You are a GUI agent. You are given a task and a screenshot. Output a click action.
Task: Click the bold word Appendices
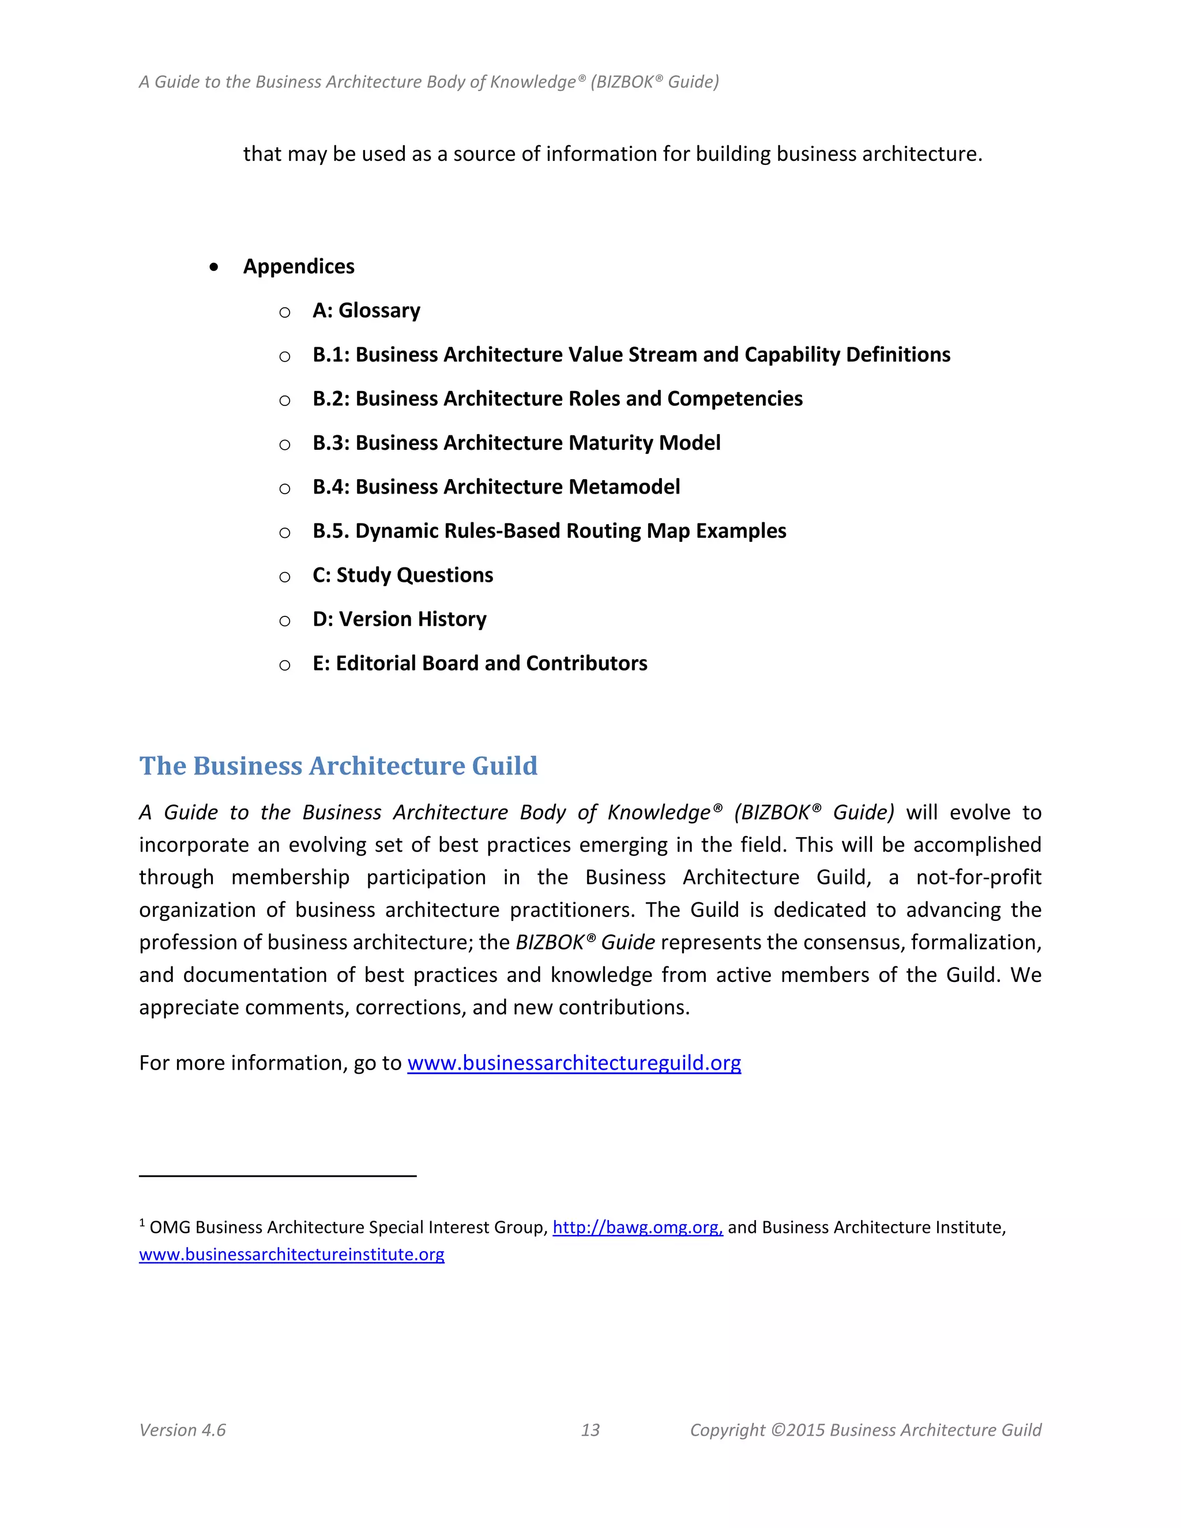point(299,266)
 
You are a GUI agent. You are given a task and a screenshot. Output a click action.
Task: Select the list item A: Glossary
point(366,311)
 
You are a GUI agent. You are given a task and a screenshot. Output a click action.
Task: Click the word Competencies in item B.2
point(735,399)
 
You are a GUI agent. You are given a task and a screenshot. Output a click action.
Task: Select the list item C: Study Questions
point(403,575)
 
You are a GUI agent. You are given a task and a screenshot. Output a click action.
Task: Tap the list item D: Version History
point(399,619)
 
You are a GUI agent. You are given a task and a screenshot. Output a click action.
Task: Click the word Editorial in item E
point(377,663)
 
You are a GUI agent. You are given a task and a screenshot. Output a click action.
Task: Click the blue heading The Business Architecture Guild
point(338,766)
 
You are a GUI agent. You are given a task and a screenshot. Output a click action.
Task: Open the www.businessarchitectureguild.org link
point(574,1063)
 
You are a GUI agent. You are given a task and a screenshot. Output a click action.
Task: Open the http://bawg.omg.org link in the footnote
point(637,1227)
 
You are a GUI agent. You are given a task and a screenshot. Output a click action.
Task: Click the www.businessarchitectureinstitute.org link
point(291,1255)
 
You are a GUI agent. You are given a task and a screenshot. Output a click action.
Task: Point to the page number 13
point(590,1430)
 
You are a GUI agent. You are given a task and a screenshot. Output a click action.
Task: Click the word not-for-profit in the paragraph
point(978,878)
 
